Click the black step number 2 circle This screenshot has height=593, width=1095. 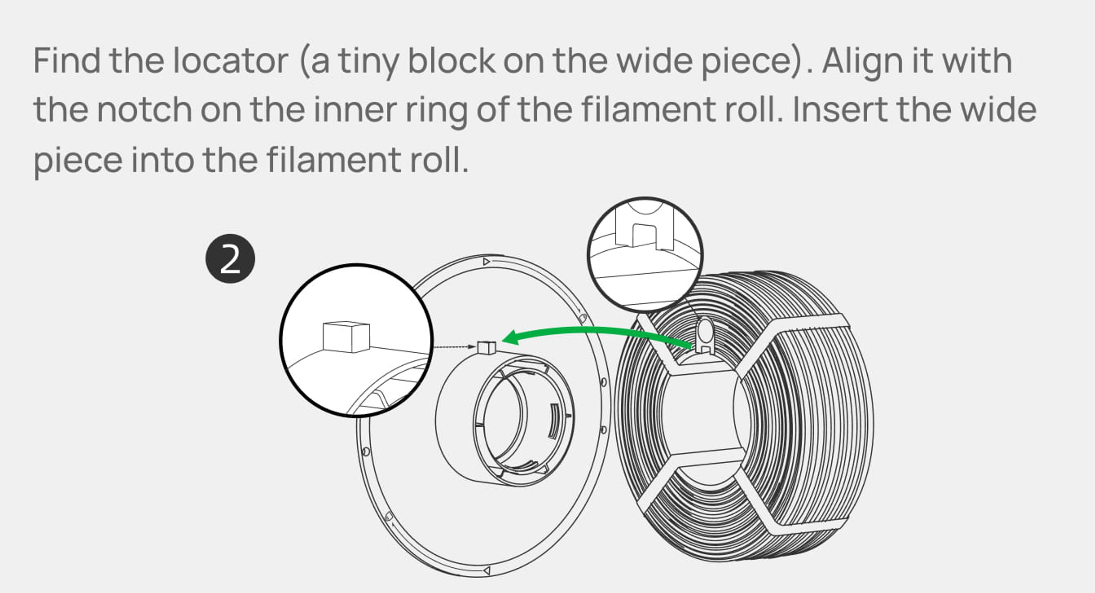[x=230, y=259]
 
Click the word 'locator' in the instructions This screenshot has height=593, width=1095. [x=231, y=60]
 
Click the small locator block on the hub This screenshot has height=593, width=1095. [x=487, y=348]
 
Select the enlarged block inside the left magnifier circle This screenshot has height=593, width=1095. [x=346, y=337]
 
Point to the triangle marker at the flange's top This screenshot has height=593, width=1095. [x=487, y=261]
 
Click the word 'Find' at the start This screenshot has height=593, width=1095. [x=67, y=60]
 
